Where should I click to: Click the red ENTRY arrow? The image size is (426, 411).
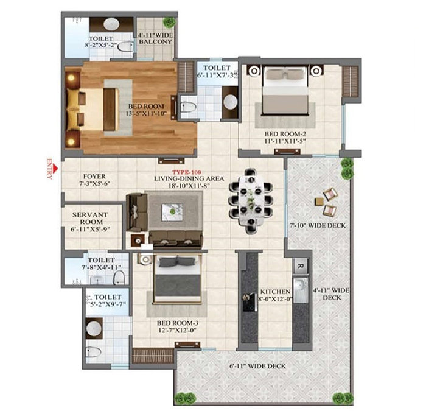click(55, 169)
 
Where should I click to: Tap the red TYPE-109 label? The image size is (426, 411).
click(187, 172)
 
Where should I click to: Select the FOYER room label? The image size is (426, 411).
click(94, 177)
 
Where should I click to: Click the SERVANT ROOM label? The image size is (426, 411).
click(91, 218)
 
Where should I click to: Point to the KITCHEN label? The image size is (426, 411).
click(276, 292)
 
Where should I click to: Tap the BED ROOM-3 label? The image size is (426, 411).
click(178, 323)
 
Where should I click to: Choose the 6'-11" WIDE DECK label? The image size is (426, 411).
click(257, 366)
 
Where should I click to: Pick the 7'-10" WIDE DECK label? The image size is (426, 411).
click(318, 225)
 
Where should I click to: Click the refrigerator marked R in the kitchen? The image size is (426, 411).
click(301, 265)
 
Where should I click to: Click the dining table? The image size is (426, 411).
click(251, 201)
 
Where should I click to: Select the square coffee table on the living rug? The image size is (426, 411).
click(172, 212)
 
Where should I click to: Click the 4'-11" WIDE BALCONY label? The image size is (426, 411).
click(155, 38)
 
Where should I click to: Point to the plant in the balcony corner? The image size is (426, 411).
click(169, 22)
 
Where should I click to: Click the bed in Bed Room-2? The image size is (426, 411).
click(285, 91)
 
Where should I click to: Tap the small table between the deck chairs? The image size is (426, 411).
click(319, 202)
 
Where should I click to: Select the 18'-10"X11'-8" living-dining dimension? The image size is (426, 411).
click(189, 186)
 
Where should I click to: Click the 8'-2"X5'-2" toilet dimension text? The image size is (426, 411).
click(101, 46)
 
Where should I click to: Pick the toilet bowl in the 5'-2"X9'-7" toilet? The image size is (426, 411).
click(93, 352)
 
